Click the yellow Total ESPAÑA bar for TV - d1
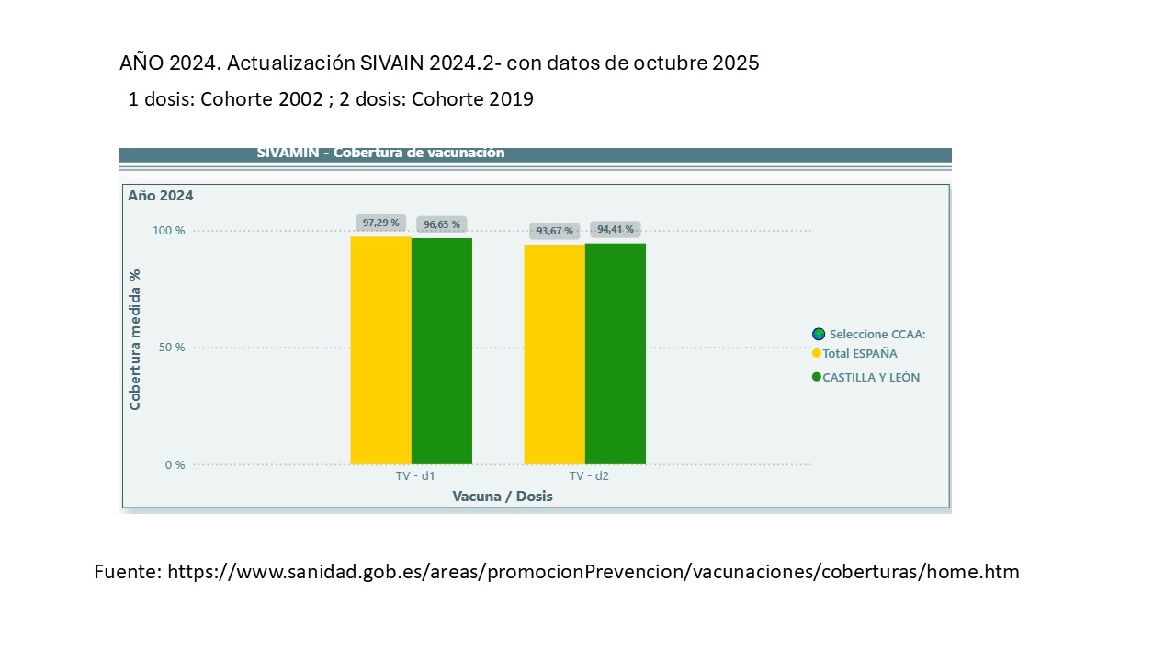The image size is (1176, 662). (x=380, y=349)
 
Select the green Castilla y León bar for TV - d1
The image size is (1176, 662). (x=442, y=350)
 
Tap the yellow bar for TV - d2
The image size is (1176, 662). (x=554, y=354)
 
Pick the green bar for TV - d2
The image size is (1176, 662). (x=616, y=353)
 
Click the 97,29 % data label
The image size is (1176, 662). (x=380, y=223)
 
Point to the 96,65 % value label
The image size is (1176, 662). (x=442, y=224)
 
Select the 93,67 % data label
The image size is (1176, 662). (x=554, y=231)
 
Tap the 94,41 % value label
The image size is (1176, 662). (x=616, y=229)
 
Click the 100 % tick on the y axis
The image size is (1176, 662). (x=168, y=231)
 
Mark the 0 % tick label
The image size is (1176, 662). (x=175, y=465)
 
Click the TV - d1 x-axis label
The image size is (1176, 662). (x=409, y=476)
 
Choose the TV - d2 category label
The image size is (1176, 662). (x=589, y=476)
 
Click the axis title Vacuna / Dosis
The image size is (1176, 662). (x=503, y=496)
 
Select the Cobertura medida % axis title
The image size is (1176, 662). (x=135, y=339)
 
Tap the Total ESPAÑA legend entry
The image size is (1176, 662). (x=859, y=354)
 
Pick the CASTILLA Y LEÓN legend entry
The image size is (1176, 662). (x=870, y=378)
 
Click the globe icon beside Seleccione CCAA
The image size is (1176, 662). (x=819, y=335)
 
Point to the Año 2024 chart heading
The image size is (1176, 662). (x=161, y=196)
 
